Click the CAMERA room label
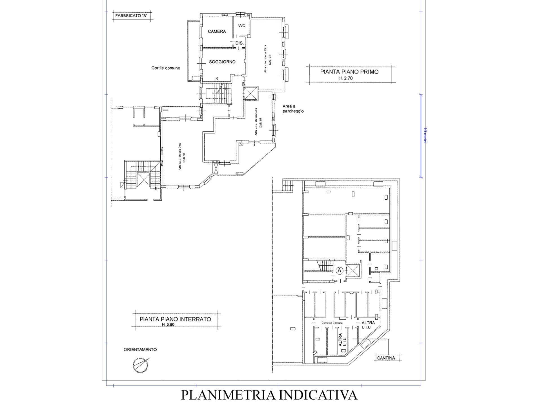217,31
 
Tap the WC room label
242,26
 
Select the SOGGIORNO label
222,62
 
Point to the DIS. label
239,43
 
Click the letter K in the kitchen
217,78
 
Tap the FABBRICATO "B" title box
131,16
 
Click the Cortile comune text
166,68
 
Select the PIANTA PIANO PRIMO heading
349,72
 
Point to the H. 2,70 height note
349,78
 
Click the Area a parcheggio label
293,109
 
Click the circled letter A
340,270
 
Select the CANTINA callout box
386,358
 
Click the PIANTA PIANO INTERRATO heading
175,319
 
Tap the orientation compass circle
140,364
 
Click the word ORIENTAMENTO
140,350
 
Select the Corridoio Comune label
332,323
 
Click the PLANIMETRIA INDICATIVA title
269,395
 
